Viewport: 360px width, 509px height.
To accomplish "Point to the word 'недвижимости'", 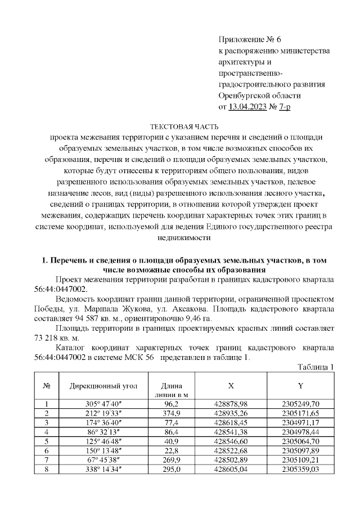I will click(x=179, y=237).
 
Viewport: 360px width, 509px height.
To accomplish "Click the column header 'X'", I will click(x=231, y=388).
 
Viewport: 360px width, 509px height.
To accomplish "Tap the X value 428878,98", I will click(x=231, y=404).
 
